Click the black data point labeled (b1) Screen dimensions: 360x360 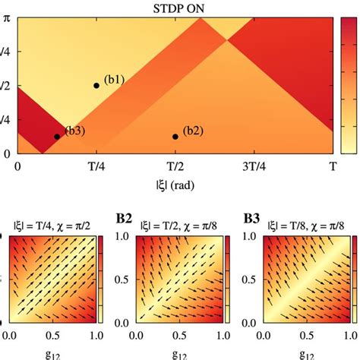tap(96, 85)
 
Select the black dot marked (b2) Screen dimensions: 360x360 tap(175, 137)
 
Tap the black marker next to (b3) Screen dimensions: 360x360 tap(57, 137)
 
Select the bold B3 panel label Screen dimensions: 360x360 tap(251, 219)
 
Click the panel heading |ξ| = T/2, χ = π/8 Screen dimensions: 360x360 tap(180, 226)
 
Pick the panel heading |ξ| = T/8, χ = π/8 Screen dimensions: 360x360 tap(307, 226)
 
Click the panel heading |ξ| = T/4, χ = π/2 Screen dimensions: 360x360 tap(52, 226)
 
